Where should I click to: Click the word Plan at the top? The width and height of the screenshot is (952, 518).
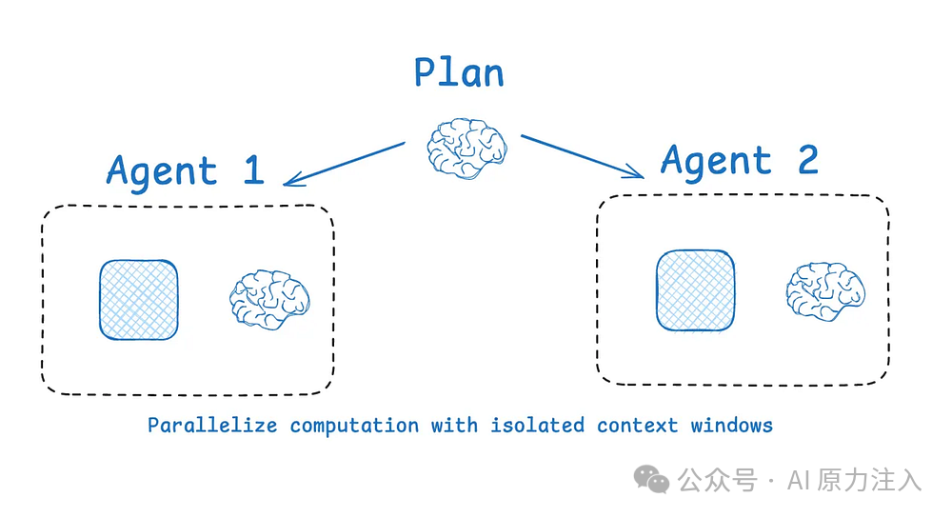pyautogui.click(x=458, y=72)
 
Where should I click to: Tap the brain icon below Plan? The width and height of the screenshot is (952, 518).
pyautogui.click(x=466, y=146)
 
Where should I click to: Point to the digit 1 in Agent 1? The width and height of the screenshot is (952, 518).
pyautogui.click(x=253, y=169)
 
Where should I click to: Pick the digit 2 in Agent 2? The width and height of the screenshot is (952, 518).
pyautogui.click(x=807, y=161)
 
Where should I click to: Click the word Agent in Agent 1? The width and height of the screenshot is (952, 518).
pyautogui.click(x=162, y=171)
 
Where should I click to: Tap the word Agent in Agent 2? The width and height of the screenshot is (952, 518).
pyautogui.click(x=716, y=162)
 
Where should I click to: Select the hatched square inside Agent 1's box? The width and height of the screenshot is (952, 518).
pyautogui.click(x=139, y=300)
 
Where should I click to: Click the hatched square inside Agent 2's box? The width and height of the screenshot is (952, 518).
pyautogui.click(x=695, y=290)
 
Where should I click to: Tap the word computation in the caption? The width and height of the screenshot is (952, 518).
pyautogui.click(x=354, y=425)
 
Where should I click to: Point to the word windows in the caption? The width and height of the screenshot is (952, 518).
pyautogui.click(x=731, y=425)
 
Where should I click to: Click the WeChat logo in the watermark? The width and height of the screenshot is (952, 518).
pyautogui.click(x=653, y=479)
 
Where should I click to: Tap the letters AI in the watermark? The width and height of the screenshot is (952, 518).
pyautogui.click(x=797, y=480)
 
